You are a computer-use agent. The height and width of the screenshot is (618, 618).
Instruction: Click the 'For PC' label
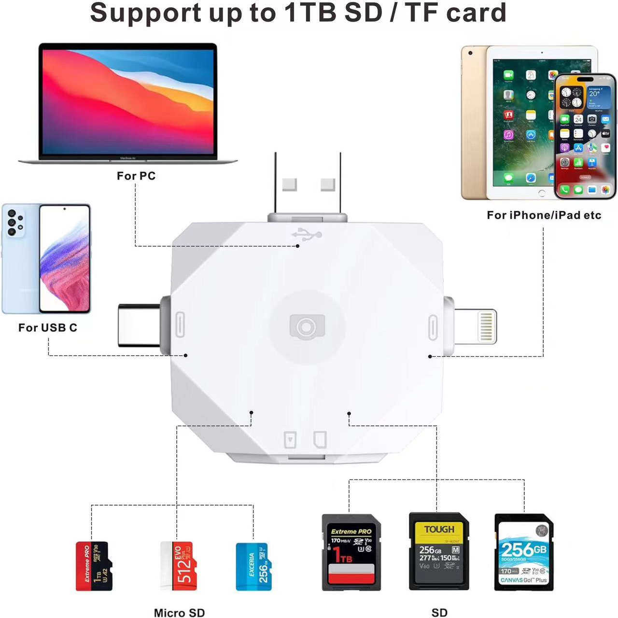point(136,176)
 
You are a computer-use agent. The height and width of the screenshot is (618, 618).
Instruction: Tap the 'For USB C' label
point(48,327)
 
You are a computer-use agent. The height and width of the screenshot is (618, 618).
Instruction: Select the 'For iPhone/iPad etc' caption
point(544,215)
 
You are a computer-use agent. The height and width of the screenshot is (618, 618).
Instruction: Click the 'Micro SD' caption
point(179,612)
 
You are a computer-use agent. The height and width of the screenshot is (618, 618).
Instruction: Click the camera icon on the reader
point(307,327)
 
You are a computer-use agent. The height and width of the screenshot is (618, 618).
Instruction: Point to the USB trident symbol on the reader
point(307,235)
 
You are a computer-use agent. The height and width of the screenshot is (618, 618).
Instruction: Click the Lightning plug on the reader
point(476,327)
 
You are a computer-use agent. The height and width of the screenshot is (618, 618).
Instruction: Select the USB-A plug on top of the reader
point(308,186)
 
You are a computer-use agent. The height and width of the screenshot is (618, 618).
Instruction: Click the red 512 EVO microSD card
point(179,566)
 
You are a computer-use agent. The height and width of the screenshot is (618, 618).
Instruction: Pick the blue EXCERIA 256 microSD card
point(253,566)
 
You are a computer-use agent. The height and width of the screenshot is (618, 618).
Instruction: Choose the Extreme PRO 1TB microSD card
point(94,566)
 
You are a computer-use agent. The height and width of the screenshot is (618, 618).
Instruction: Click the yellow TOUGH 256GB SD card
point(439,551)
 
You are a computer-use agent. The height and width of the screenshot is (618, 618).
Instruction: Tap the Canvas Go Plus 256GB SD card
point(524,552)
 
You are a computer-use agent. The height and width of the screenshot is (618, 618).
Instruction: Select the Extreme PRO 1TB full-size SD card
point(351,552)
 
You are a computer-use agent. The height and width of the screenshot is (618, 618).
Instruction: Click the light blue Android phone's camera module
point(15,223)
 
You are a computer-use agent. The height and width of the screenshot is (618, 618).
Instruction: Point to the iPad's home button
point(542,193)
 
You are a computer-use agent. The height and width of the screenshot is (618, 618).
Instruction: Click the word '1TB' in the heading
point(310,13)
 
